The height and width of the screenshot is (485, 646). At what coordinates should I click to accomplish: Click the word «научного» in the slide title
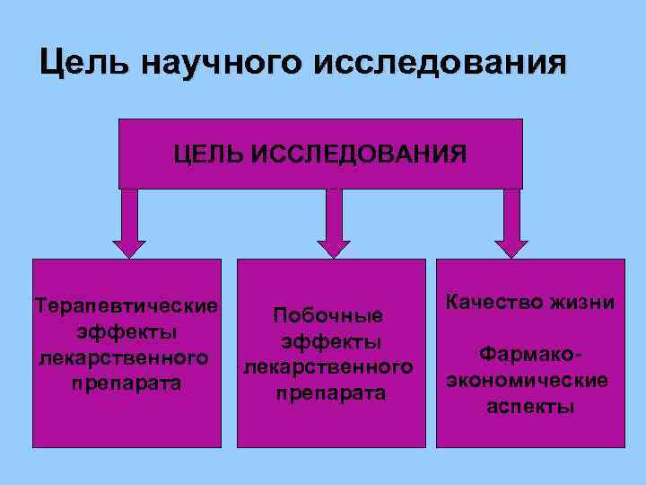point(210,64)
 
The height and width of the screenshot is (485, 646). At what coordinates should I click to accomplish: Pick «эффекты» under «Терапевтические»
point(126,331)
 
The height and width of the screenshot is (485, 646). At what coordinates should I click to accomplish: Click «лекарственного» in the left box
point(125,357)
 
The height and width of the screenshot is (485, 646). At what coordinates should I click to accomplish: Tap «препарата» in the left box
point(126,384)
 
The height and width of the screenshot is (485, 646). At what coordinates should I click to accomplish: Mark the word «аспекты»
point(530,406)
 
